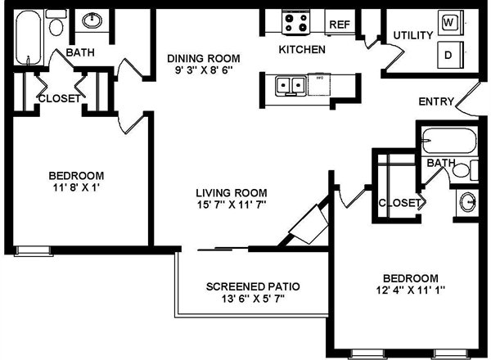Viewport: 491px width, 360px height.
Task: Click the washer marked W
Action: [x=449, y=22]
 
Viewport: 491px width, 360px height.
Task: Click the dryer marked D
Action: [x=449, y=56]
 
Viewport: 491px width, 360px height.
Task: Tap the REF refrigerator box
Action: [x=340, y=25]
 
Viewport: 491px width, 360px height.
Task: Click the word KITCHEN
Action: [x=303, y=50]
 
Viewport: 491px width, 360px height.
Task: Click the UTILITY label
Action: [x=412, y=35]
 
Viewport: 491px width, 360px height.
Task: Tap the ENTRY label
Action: [x=435, y=102]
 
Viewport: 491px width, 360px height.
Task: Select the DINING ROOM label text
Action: [x=204, y=58]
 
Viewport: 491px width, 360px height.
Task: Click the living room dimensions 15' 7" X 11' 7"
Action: [x=232, y=205]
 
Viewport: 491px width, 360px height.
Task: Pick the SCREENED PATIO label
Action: [x=253, y=287]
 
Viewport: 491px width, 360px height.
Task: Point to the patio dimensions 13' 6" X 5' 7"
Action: [x=253, y=300]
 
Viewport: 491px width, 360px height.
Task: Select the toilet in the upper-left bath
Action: [x=56, y=27]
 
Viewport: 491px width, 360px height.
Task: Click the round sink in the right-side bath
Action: [x=467, y=200]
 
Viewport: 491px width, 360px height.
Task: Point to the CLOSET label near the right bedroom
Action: [x=399, y=202]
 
